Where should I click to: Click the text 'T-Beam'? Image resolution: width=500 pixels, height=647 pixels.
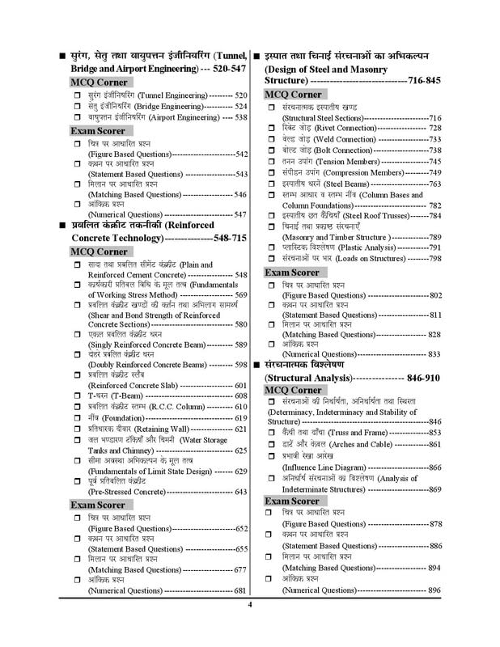click(104, 395)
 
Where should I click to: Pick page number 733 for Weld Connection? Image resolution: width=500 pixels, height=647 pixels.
click(434, 138)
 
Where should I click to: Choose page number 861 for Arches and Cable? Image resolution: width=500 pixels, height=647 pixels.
click(434, 444)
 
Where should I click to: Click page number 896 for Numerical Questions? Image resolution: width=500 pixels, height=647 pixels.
click(434, 590)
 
